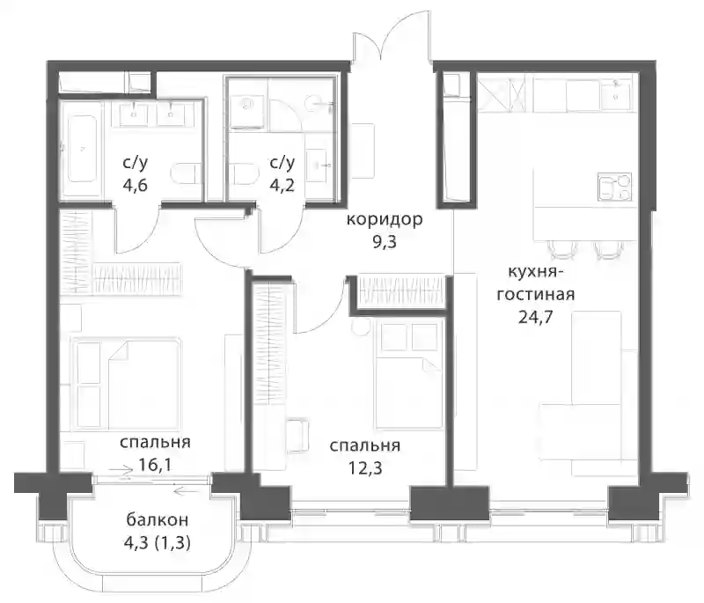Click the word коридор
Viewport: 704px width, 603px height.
[x=385, y=220]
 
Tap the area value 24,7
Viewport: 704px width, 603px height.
[x=535, y=318]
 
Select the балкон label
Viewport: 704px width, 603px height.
[x=158, y=520]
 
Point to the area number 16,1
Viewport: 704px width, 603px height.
[x=155, y=465]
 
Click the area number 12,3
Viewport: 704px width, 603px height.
[x=365, y=468]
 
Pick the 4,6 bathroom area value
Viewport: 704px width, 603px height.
[x=136, y=185]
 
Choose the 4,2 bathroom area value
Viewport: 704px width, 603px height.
[x=282, y=185]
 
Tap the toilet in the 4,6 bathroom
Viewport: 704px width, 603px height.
[x=185, y=174]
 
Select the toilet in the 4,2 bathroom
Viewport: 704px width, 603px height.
[x=246, y=174]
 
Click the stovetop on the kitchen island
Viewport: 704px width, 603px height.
[x=614, y=187]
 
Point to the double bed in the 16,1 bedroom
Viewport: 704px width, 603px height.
[x=128, y=383]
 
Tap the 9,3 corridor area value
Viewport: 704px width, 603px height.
[x=385, y=242]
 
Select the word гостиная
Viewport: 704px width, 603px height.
[x=535, y=295]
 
